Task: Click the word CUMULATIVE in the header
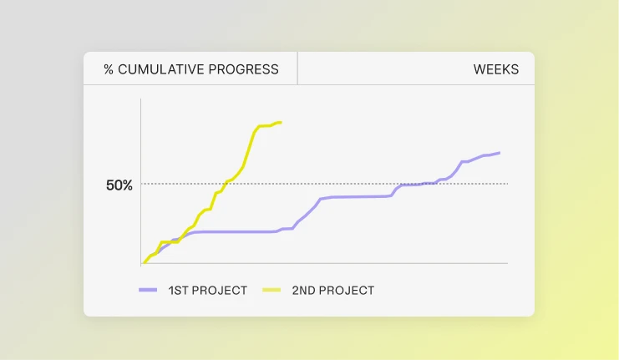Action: (161, 69)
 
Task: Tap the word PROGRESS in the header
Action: (243, 69)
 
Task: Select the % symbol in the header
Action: (109, 69)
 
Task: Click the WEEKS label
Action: (496, 69)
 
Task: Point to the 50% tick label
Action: (119, 185)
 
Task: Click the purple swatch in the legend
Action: (148, 290)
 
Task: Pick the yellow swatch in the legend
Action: (271, 290)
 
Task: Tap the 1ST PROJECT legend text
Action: (208, 291)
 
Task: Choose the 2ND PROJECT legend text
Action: (332, 291)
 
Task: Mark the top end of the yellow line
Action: (281, 123)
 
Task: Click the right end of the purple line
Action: (500, 153)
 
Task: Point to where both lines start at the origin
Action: (143, 262)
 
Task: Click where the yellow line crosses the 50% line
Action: (226, 184)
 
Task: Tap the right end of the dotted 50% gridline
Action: (508, 184)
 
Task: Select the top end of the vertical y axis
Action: (141, 99)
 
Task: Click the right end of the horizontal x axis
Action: (507, 263)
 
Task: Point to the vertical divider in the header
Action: (297, 68)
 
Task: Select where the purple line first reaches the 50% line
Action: (401, 184)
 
